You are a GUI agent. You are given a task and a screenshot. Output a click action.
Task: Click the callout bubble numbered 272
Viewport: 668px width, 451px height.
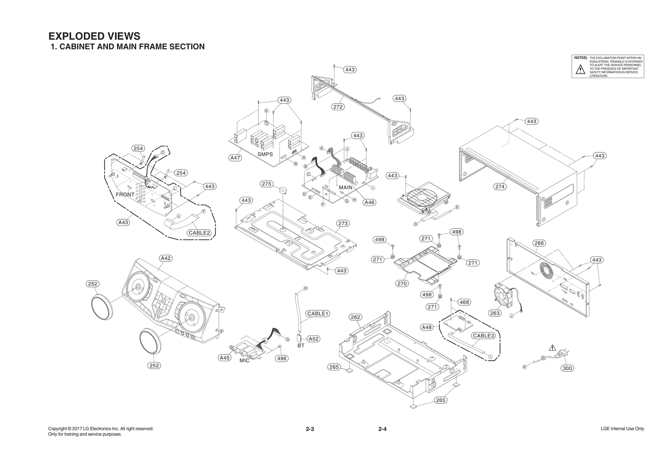click(x=338, y=107)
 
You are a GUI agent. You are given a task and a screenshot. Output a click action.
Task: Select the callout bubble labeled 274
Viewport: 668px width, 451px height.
click(x=500, y=187)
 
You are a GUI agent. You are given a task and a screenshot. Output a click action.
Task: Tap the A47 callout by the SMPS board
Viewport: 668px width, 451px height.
click(x=236, y=158)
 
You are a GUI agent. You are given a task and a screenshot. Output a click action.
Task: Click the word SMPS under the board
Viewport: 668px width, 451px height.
click(x=265, y=154)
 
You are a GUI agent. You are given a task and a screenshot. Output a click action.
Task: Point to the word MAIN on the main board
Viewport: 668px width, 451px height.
click(x=345, y=187)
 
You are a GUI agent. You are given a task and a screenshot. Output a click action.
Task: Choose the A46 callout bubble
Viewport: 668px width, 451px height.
click(x=369, y=203)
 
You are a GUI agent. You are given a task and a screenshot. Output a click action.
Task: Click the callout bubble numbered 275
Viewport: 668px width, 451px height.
click(x=267, y=184)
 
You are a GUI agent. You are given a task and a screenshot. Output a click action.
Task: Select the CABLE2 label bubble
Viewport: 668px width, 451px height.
click(x=199, y=233)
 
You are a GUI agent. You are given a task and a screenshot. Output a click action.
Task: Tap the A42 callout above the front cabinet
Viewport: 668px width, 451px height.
click(x=166, y=258)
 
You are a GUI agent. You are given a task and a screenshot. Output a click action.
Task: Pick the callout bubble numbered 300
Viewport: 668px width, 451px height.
click(x=567, y=368)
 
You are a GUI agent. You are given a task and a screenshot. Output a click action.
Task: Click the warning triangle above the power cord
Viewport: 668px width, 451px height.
click(x=553, y=347)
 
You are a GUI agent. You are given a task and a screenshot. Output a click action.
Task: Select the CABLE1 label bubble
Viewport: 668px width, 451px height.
click(x=318, y=313)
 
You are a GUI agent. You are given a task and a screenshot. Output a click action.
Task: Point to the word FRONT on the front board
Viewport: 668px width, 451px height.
click(x=125, y=195)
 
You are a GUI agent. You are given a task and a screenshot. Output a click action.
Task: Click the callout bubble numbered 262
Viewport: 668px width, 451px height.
click(x=355, y=317)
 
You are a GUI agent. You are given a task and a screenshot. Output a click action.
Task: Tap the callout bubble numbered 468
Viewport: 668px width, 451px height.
click(x=464, y=302)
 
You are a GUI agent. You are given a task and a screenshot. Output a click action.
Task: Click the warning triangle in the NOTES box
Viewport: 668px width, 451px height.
click(x=580, y=70)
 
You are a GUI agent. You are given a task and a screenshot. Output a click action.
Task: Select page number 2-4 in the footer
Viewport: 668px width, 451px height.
click(x=382, y=429)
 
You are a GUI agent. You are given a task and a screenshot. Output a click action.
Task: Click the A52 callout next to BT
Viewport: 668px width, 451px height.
click(x=314, y=339)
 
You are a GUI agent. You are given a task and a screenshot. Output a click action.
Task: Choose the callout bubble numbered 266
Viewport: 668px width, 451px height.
click(x=539, y=243)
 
